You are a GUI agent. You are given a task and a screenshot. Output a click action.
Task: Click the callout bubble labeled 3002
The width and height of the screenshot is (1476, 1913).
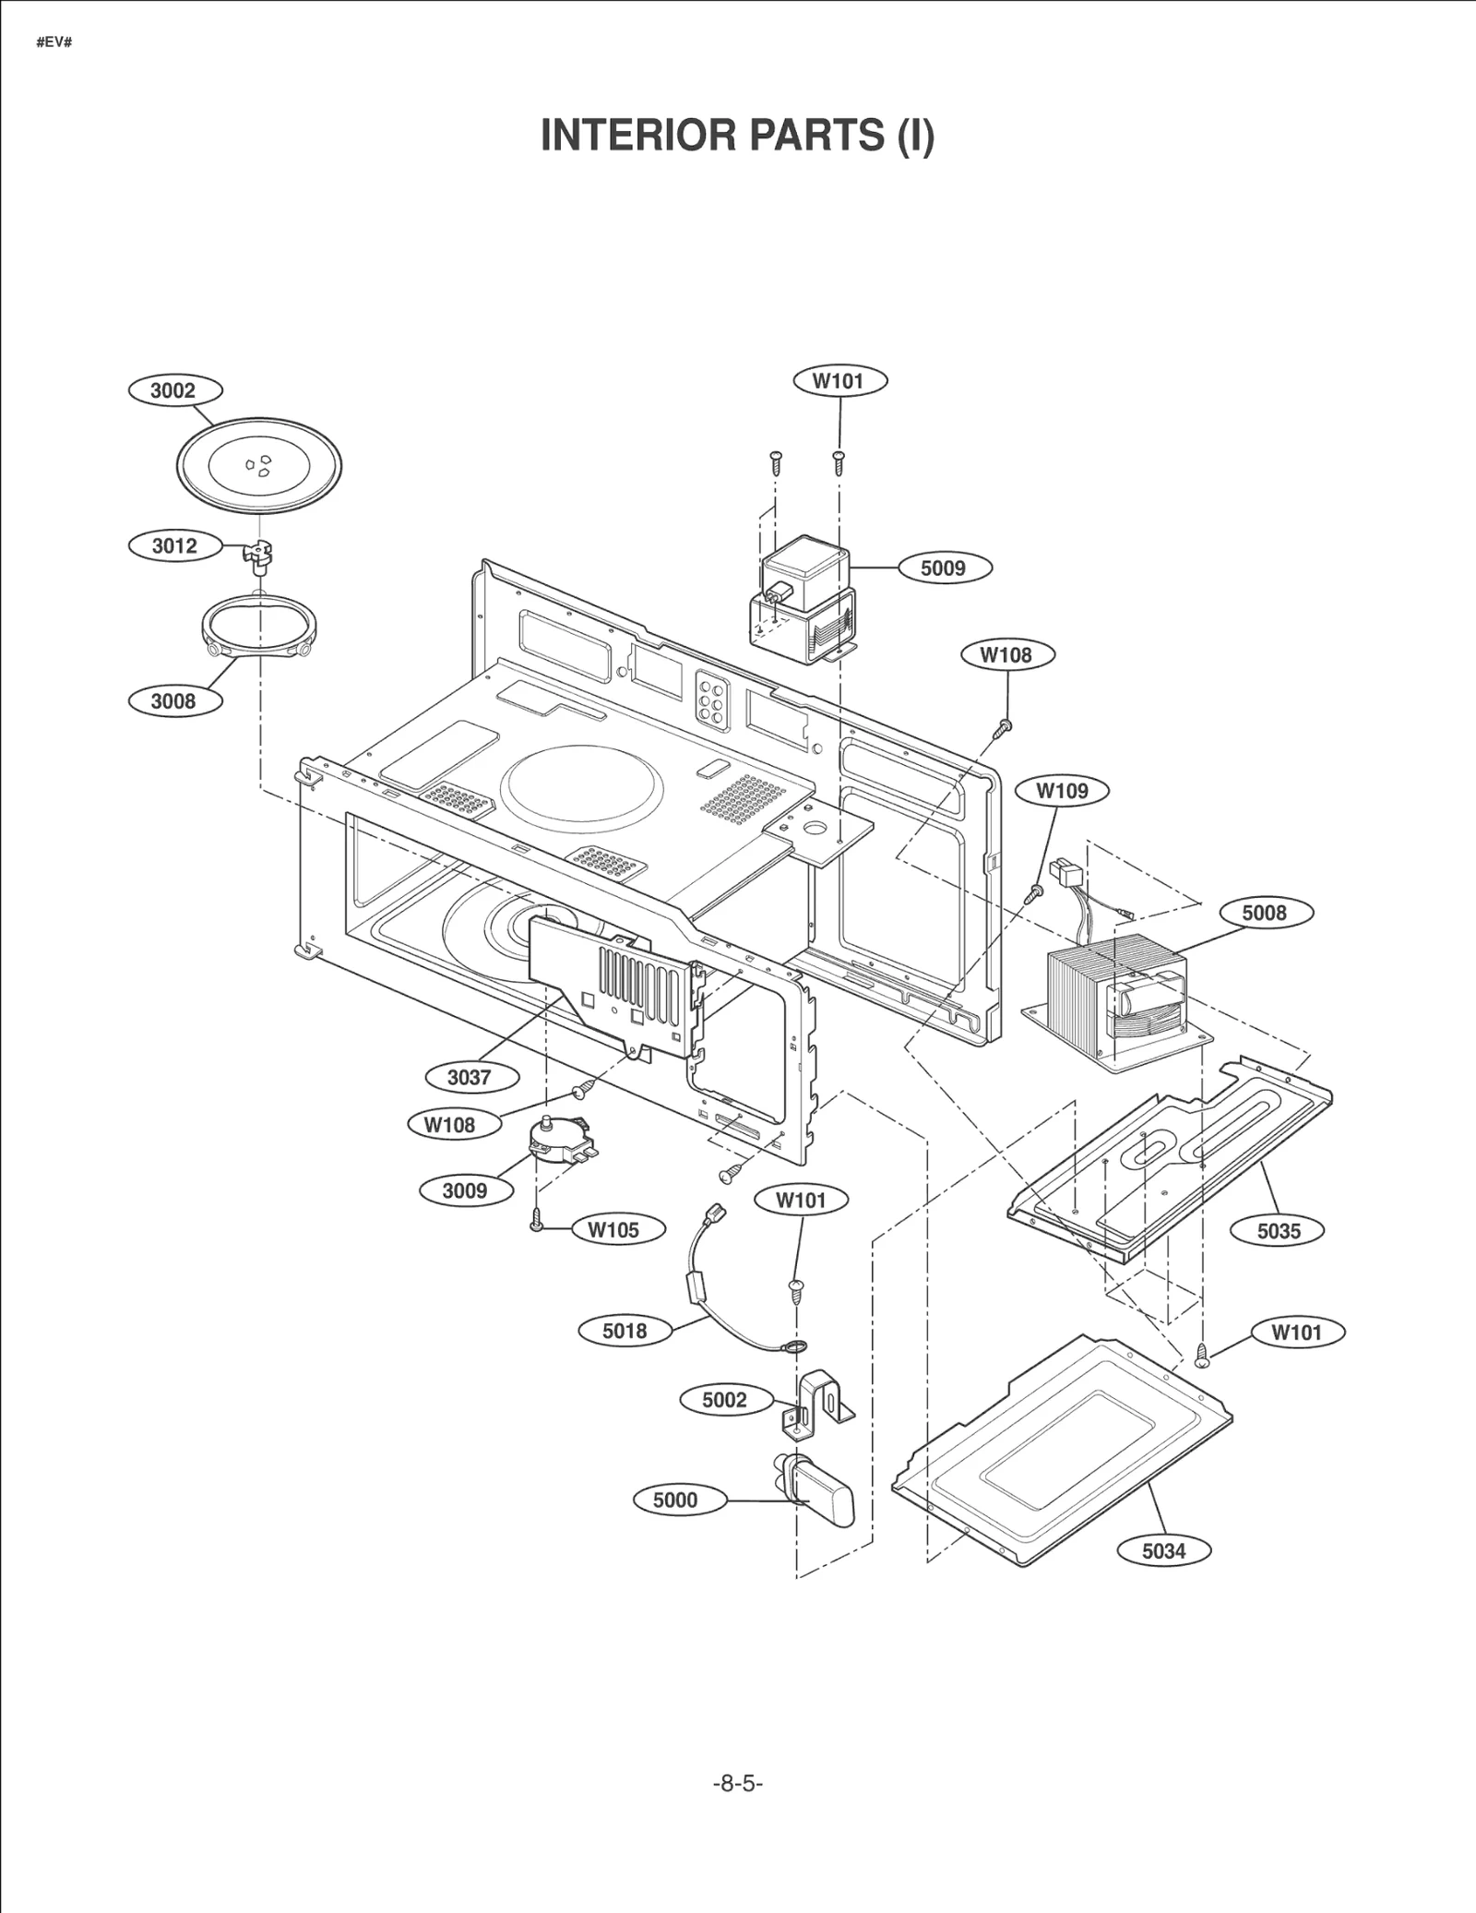point(173,390)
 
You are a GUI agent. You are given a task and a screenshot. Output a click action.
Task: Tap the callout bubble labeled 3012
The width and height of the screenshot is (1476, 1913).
point(174,545)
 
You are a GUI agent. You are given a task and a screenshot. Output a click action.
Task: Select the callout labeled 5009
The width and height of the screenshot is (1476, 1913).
point(943,568)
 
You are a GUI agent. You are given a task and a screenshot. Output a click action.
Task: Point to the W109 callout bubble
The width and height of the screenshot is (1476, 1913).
point(1062,791)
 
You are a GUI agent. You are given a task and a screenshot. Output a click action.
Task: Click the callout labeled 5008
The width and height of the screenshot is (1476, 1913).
point(1263,913)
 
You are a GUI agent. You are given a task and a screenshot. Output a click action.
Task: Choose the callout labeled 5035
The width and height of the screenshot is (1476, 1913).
point(1278,1230)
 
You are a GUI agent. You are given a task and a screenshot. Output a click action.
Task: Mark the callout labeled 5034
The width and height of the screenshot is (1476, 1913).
point(1163,1550)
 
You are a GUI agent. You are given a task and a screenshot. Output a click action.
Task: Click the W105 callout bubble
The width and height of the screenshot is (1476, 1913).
point(613,1229)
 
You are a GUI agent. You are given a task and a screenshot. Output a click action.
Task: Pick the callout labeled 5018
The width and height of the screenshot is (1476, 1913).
point(625,1331)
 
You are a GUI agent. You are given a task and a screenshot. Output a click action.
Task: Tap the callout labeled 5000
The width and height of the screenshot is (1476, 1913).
point(675,1500)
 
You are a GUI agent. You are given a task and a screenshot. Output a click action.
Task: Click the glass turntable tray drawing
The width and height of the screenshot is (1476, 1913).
point(259,464)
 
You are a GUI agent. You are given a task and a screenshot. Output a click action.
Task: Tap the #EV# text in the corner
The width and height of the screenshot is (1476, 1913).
point(54,43)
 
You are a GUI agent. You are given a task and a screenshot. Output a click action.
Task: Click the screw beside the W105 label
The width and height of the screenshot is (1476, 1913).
point(536,1220)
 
